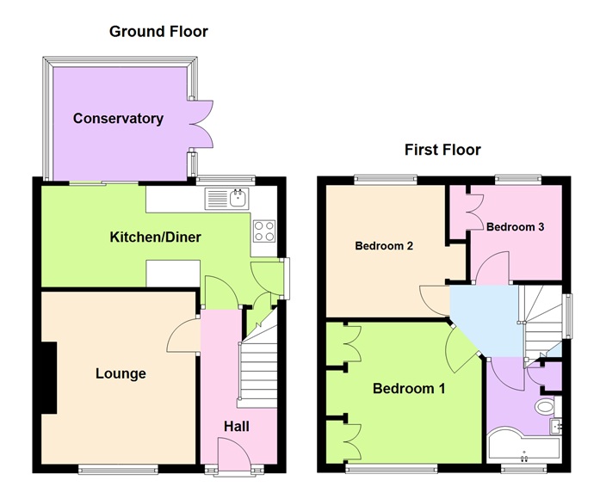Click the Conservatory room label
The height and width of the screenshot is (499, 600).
coord(118,119)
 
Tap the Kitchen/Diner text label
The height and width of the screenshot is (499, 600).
coord(155,237)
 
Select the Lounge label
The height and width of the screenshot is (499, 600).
coord(120,373)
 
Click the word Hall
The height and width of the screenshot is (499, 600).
coord(237,427)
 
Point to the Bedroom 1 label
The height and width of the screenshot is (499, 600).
coord(408,389)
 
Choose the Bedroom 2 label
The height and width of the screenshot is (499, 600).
coord(385,246)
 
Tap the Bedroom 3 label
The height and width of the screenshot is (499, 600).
coord(515,227)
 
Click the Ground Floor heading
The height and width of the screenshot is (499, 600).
coord(158,32)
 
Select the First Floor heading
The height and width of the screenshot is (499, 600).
coord(442,150)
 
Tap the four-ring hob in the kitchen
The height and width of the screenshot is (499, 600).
coord(263,231)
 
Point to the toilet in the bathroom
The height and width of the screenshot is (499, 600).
coord(545,405)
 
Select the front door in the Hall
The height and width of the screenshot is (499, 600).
coord(232,453)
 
